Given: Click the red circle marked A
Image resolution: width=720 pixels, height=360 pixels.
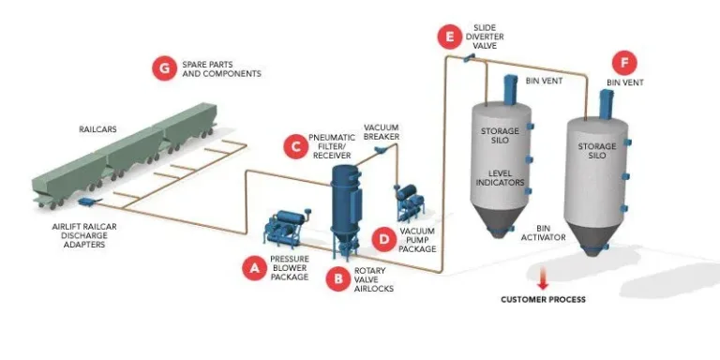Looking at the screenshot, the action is tap(254, 268).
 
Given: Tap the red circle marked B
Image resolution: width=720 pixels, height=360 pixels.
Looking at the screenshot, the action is tap(338, 278).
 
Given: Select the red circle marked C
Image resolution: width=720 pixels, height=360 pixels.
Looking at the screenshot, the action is tap(295, 147).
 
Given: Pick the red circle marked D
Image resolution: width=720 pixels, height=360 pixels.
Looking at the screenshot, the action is tap(384, 239).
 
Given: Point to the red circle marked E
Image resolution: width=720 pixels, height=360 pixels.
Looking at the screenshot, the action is tap(450, 37).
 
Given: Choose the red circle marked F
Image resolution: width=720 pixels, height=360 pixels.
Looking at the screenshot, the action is tap(624, 63).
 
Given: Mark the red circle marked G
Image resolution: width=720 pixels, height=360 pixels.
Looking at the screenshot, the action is tap(164, 68).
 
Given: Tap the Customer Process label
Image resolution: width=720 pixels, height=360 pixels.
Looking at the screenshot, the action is tap(543, 299).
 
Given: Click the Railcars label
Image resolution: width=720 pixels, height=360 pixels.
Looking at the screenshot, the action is tap(97, 129).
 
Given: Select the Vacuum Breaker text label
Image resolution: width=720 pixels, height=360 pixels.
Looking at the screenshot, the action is tap(382, 132).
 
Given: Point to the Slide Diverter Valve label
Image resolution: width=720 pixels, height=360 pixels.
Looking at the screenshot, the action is tap(485, 37).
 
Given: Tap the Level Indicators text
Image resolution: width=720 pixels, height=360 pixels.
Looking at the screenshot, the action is tap(500, 178).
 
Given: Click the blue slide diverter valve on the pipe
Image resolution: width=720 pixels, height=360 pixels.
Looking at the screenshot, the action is tap(469, 57).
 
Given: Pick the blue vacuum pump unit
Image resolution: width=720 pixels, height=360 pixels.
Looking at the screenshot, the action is tap(408, 202).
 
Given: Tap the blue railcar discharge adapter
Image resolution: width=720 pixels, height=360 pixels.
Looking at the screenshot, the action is tap(87, 202).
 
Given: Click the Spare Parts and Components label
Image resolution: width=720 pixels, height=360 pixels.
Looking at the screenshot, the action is tap(222, 68).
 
